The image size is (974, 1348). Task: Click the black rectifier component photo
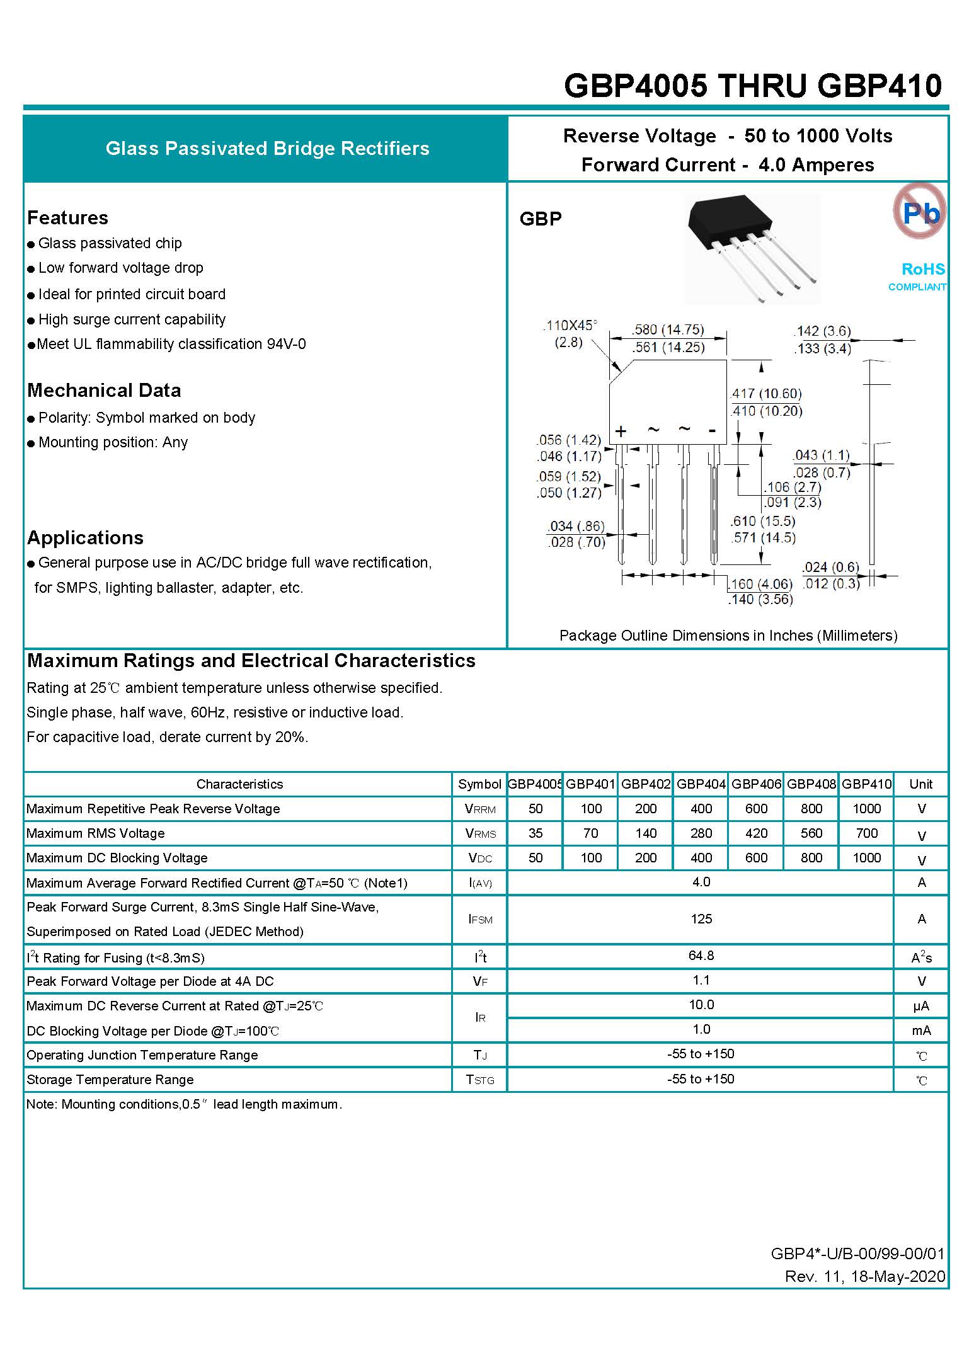click(752, 248)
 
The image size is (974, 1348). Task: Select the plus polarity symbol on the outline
click(621, 431)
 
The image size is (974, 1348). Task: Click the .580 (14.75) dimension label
click(668, 329)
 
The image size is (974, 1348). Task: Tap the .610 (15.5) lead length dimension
click(762, 522)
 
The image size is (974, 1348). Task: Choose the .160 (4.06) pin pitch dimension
click(760, 584)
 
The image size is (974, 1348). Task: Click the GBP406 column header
click(756, 784)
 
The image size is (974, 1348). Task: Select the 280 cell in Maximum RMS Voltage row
click(701, 833)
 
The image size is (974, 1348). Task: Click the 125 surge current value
click(701, 919)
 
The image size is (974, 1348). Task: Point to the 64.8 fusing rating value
click(701, 956)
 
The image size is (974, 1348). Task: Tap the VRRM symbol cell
click(480, 809)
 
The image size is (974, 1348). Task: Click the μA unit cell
click(921, 1007)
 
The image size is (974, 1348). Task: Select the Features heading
click(67, 218)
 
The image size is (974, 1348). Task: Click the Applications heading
click(85, 538)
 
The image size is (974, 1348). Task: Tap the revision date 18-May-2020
click(898, 1277)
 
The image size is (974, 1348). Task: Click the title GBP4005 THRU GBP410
click(753, 86)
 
